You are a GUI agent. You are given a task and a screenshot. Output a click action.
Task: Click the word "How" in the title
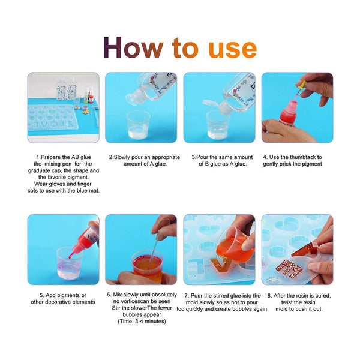point(133,47)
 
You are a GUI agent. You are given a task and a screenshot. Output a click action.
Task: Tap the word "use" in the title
point(232,50)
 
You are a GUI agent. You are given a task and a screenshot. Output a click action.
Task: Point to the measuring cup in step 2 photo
point(138,125)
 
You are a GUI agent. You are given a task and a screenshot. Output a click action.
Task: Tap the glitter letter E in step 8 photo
point(289,269)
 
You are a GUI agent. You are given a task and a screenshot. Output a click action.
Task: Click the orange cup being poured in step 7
point(235,244)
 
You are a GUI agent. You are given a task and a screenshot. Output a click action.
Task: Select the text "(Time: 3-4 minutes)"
point(142,321)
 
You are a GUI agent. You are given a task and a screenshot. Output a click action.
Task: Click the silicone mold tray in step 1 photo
point(52,117)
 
